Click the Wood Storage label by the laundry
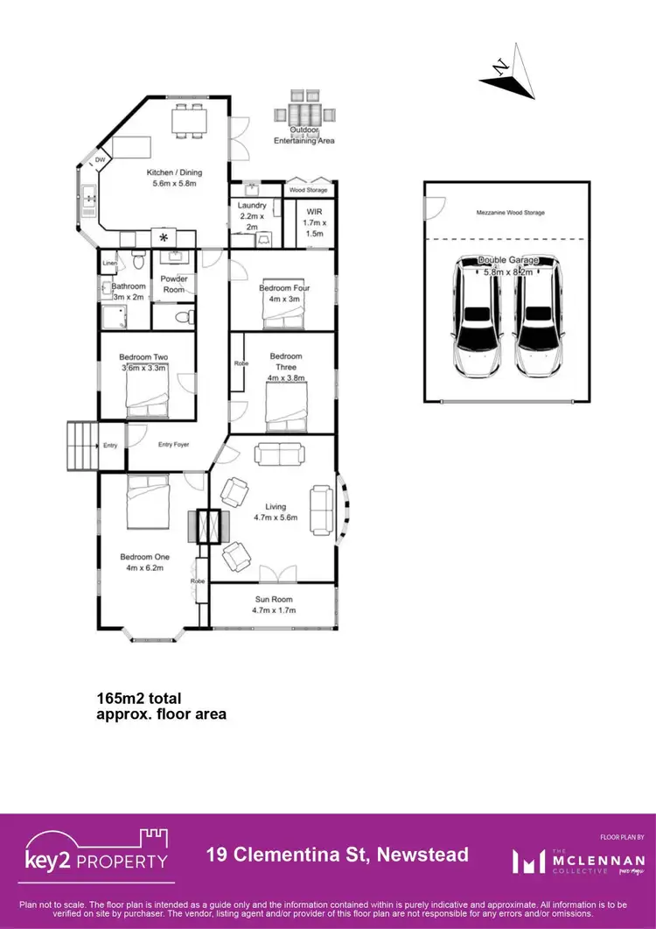309,189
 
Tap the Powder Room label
174,285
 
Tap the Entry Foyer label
174,445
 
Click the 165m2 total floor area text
161,706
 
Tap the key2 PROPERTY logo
95,851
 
